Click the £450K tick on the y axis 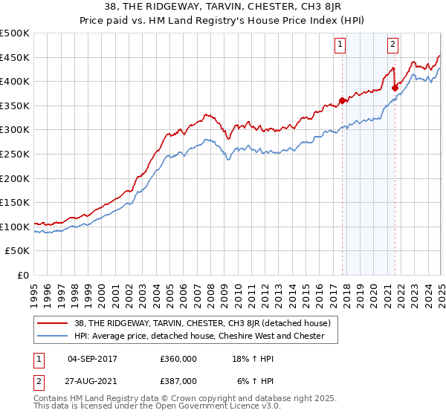point(15,58)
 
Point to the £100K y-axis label point(15,227)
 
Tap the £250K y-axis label point(15,154)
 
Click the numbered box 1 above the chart point(340,44)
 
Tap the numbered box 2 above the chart point(392,44)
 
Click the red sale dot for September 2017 point(342,101)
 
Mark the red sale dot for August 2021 point(395,88)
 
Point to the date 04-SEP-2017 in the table point(92,359)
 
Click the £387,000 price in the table point(178,380)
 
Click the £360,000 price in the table point(178,359)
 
